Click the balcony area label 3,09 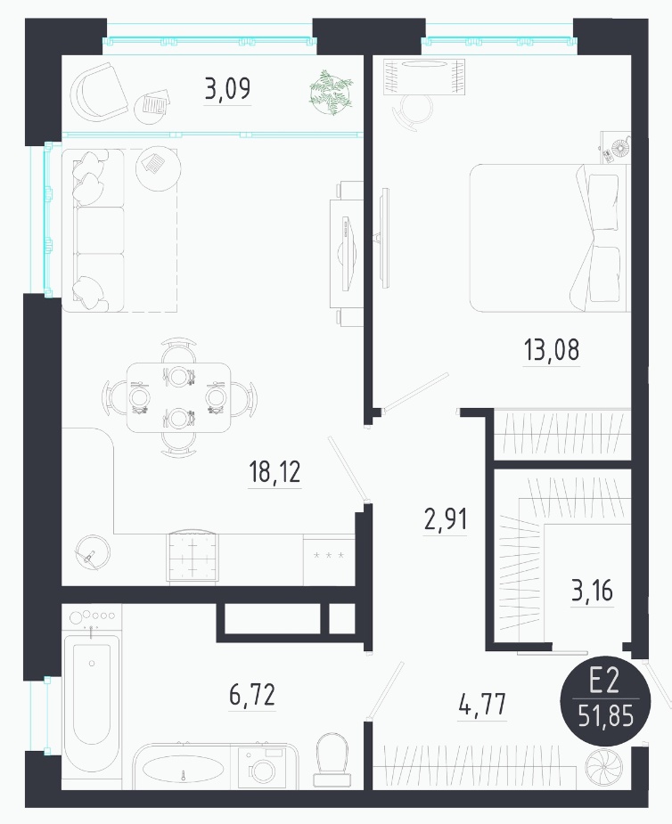(x=227, y=89)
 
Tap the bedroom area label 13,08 (x=552, y=349)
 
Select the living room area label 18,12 (x=275, y=472)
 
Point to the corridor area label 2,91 (x=446, y=519)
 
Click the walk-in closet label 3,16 (x=593, y=591)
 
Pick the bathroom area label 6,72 (x=252, y=695)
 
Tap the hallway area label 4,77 (x=482, y=704)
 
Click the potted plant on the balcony (x=331, y=92)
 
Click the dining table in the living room (x=179, y=397)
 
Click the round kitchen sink (x=93, y=552)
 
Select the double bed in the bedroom (x=550, y=238)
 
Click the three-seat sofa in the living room (x=93, y=230)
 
